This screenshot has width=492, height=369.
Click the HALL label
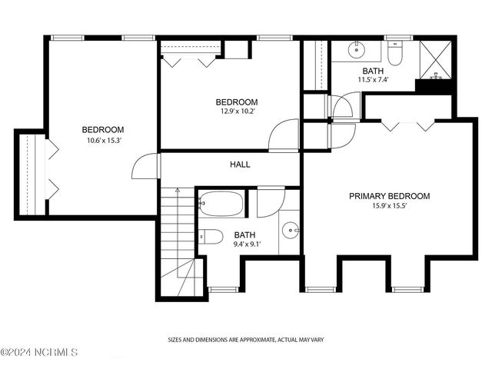click(240, 165)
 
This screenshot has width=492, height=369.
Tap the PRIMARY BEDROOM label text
click(390, 196)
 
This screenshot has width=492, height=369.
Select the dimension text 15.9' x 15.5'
click(390, 206)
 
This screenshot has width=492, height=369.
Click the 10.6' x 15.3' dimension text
click(104, 141)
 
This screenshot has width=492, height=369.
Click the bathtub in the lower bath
click(221, 204)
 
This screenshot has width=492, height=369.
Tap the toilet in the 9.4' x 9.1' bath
click(211, 237)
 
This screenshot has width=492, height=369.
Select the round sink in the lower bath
click(290, 231)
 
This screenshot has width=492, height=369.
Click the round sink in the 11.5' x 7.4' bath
click(357, 49)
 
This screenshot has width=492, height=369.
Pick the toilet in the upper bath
click(394, 53)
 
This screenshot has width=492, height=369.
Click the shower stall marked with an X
click(436, 59)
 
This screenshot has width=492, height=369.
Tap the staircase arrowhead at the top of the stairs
click(178, 190)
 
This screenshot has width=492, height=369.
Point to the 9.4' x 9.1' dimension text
click(248, 244)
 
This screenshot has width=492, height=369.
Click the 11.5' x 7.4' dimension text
click(374, 80)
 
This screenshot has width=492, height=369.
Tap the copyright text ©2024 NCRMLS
click(39, 352)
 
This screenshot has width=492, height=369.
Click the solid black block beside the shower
click(434, 86)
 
